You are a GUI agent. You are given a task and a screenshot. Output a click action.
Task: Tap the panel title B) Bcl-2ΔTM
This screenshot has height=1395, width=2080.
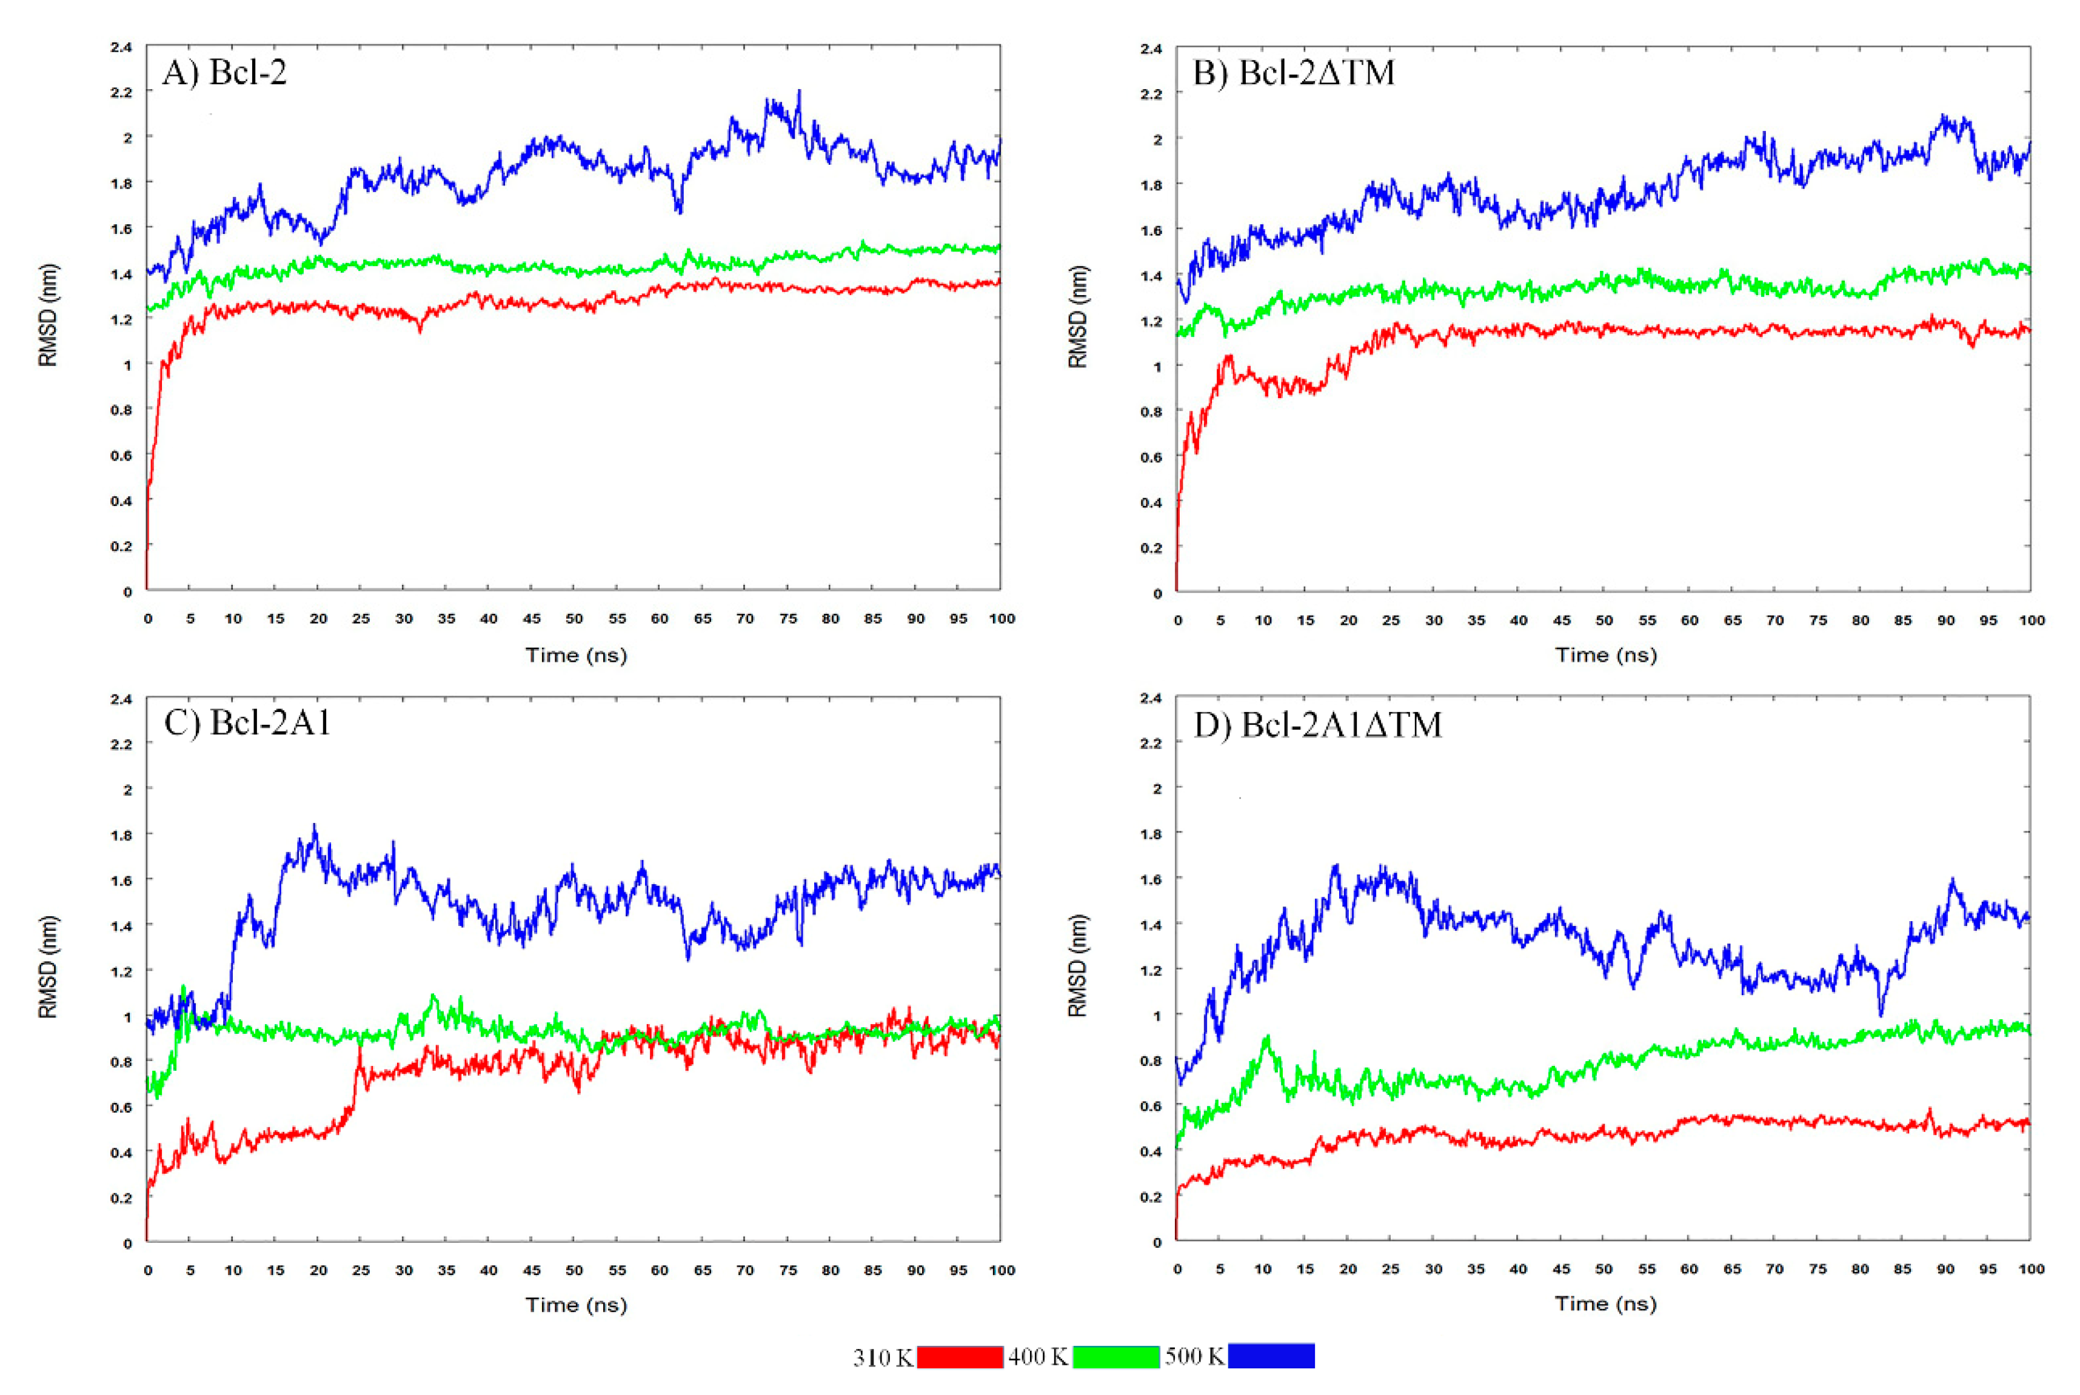[1293, 72]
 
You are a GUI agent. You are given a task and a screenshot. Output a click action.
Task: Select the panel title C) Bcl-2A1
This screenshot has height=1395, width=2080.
[247, 722]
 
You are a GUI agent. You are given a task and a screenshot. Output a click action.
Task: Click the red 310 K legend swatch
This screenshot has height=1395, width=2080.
[960, 1356]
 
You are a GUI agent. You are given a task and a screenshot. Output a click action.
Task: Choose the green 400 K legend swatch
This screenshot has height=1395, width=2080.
[1115, 1356]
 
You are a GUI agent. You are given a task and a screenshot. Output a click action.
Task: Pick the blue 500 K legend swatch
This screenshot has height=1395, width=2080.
[1270, 1355]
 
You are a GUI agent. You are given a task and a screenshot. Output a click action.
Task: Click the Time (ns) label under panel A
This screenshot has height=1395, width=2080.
[576, 656]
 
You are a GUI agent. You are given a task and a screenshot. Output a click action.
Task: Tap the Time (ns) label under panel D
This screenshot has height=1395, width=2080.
[1605, 1303]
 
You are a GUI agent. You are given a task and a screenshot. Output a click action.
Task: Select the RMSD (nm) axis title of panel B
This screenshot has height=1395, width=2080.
[1077, 317]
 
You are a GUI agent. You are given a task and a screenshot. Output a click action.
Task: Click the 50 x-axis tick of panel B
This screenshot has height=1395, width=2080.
[1604, 620]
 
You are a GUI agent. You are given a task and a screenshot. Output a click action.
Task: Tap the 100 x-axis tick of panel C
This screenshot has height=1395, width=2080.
[1002, 1270]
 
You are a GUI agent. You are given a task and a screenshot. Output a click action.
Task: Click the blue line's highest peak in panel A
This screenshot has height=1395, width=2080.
[798, 92]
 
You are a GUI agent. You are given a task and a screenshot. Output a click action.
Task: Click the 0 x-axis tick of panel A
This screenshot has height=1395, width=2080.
[148, 618]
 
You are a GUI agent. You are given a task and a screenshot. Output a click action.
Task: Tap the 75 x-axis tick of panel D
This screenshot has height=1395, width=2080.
[1817, 1269]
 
